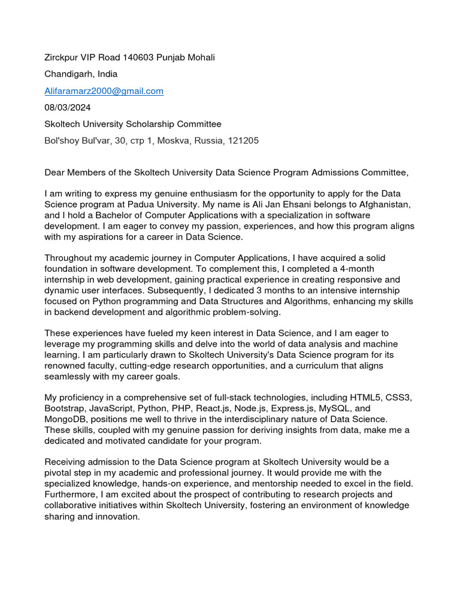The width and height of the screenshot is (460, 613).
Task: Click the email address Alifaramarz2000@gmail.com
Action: (104, 91)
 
